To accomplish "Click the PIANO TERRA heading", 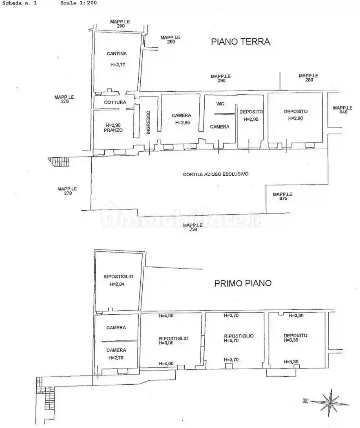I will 240,42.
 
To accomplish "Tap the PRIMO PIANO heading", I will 243,283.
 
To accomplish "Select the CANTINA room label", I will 117,54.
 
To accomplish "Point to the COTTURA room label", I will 115,102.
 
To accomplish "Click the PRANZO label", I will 113,130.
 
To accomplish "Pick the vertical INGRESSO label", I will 148,122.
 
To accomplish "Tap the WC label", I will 220,104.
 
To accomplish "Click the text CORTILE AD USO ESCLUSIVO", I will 216,174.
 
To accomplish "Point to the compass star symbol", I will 331,400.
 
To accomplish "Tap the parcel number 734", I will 193,230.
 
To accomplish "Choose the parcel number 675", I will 283,199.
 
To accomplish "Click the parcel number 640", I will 343,112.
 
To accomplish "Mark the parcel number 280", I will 308,80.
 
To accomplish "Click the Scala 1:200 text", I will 78,3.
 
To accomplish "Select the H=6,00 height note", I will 166,343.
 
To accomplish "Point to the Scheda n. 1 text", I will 19,3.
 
